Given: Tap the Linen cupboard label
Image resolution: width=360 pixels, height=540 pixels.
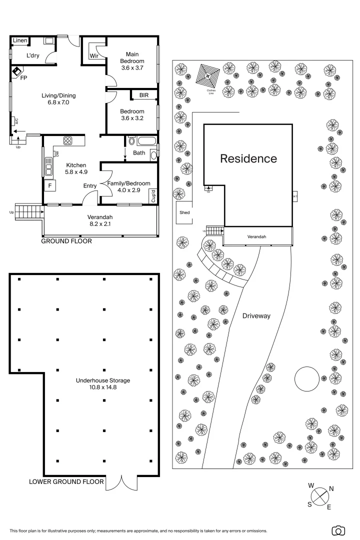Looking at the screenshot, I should [x=20, y=40].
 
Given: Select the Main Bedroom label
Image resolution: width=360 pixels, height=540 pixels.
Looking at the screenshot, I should [x=132, y=60].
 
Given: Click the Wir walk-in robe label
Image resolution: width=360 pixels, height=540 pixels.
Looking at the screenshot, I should [x=93, y=56].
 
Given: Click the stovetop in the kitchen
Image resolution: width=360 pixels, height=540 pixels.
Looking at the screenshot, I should [x=68, y=140].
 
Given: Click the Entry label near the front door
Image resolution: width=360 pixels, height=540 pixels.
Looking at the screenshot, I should [x=90, y=186].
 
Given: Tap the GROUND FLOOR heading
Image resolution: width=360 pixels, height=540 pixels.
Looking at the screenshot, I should [x=66, y=241].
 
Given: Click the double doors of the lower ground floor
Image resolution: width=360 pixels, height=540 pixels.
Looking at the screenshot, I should [x=121, y=482].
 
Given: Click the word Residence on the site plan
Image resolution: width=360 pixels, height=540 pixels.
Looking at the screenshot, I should [x=248, y=159].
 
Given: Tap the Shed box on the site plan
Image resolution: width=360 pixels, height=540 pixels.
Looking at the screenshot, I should [x=184, y=212].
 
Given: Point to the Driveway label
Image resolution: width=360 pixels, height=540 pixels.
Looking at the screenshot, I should [x=256, y=316].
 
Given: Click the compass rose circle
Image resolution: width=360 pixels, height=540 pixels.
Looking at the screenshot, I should [x=321, y=496].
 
